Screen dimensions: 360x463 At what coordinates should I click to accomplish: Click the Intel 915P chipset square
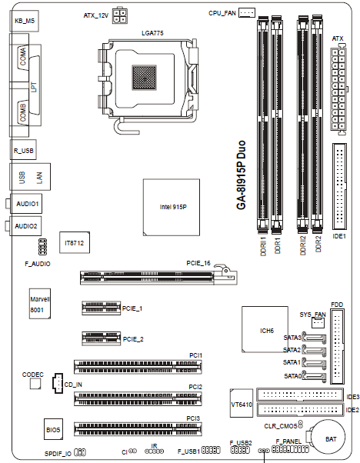point(172,208)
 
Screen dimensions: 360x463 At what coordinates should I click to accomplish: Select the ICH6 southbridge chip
point(265,329)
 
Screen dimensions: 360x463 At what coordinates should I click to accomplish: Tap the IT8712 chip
point(75,242)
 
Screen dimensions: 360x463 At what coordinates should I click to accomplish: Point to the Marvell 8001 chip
point(40,304)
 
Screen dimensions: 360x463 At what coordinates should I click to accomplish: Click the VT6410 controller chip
point(242,403)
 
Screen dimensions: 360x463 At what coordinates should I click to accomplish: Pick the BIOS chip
point(53,429)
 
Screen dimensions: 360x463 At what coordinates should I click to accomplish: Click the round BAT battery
point(328,437)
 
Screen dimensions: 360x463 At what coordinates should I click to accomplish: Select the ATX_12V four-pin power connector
point(119,16)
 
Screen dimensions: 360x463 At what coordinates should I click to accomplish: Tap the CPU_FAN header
point(247,12)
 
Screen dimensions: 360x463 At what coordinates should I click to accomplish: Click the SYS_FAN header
point(318,323)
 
